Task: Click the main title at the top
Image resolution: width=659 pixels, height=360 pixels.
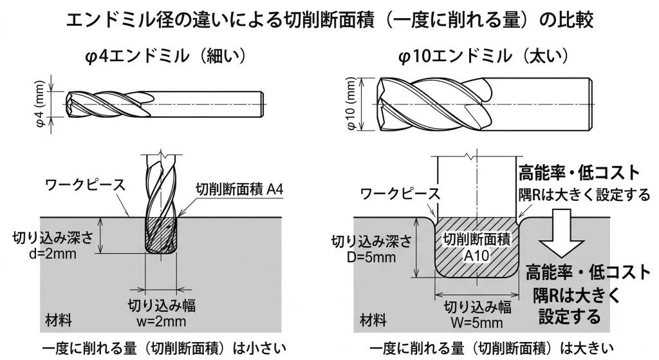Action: (x=329, y=19)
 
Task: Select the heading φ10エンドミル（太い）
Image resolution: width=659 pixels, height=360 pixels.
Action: (x=484, y=57)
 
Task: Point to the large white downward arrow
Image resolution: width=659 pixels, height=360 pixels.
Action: (x=564, y=236)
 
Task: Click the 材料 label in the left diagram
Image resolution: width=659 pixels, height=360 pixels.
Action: (x=59, y=320)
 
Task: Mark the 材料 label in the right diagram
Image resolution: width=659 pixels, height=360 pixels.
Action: (x=373, y=320)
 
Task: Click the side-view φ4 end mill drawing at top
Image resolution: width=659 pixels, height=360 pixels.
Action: (x=164, y=102)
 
